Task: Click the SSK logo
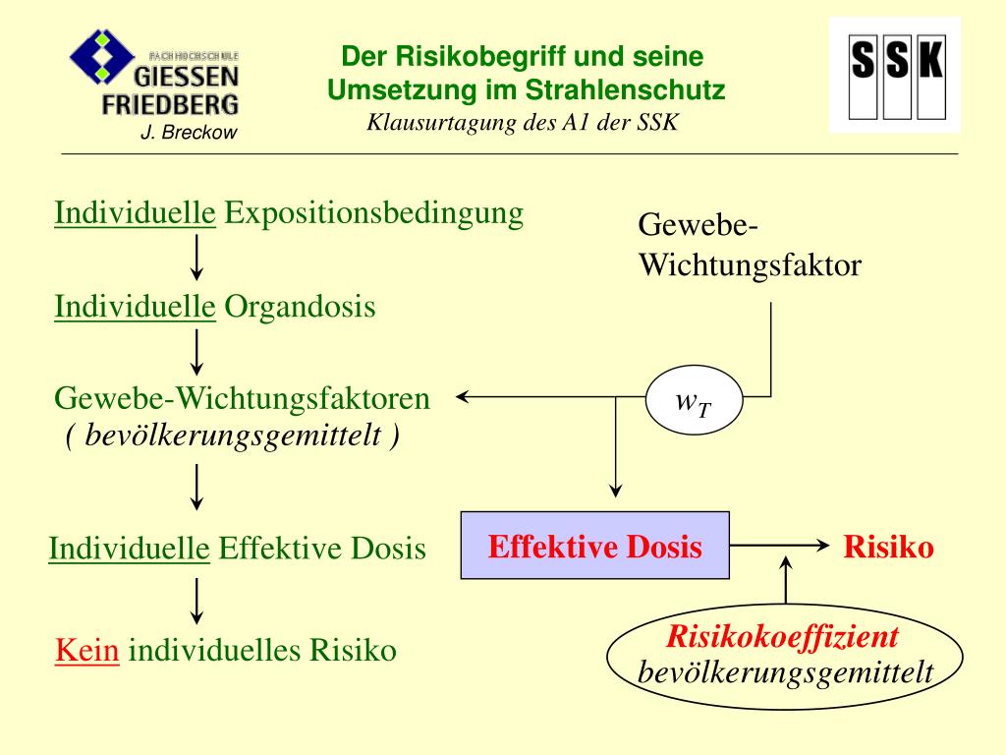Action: (x=895, y=74)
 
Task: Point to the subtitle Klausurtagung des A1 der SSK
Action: (x=523, y=123)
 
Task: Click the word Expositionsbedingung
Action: (x=373, y=213)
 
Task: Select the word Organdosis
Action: (x=301, y=307)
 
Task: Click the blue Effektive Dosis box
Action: (x=595, y=546)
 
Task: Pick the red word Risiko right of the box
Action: (x=888, y=547)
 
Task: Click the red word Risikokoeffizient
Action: (x=783, y=637)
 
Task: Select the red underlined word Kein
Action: (x=87, y=650)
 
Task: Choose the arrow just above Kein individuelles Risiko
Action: (x=196, y=601)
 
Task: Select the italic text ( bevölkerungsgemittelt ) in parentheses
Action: (x=232, y=435)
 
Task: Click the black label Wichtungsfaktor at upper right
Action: (x=751, y=265)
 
